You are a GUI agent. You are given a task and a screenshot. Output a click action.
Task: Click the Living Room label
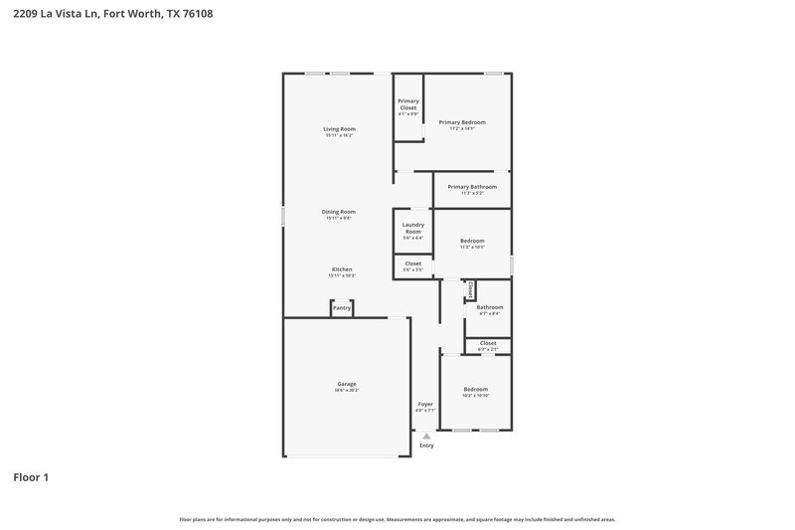point(339,129)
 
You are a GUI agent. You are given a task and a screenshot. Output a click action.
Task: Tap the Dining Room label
point(339,212)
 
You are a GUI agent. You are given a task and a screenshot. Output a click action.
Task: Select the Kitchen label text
point(342,269)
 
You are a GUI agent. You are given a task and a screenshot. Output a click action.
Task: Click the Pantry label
point(342,308)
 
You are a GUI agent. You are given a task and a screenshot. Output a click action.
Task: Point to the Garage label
point(347,384)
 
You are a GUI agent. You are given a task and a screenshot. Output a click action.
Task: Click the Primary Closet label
point(408,104)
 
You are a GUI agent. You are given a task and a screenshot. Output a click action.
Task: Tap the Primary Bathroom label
point(472,187)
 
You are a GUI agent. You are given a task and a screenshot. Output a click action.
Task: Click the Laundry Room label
point(413,228)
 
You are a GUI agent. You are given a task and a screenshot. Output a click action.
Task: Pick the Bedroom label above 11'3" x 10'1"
point(472,241)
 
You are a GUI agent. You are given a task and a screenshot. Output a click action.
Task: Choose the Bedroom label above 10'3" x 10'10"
point(476,389)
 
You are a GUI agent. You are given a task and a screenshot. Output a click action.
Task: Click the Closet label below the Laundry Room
point(413,264)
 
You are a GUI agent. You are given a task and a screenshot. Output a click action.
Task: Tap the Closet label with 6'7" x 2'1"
point(488,343)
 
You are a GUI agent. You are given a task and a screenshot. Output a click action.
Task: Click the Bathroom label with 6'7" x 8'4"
point(489,307)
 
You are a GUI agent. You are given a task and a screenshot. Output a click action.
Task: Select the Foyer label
point(425,404)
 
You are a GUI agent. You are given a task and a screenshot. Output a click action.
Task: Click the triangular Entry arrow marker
point(426,436)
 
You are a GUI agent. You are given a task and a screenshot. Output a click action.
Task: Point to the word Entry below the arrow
point(426,445)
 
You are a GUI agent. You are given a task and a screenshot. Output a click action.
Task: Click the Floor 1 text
point(30,477)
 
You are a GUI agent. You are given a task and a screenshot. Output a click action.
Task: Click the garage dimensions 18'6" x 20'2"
point(347,391)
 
